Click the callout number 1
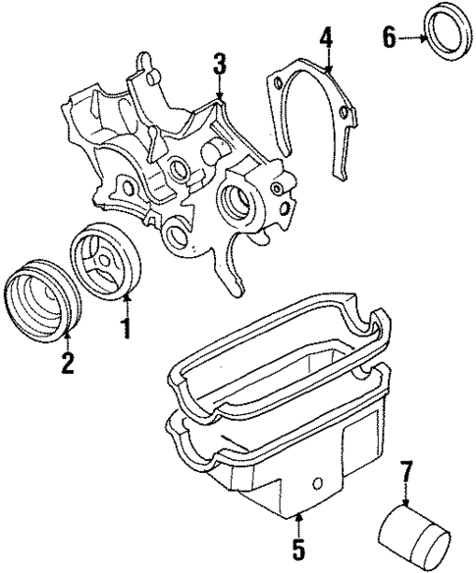126,327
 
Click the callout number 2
66,363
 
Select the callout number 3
220,66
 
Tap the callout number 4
326,40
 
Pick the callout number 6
388,38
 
